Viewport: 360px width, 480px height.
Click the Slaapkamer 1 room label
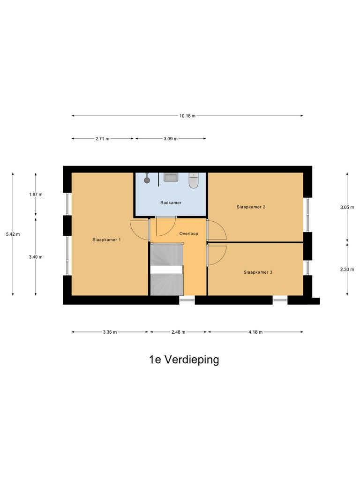pos(107,240)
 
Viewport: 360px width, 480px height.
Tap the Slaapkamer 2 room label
pos(251,207)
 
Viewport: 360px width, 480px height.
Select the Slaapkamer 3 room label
pos(258,272)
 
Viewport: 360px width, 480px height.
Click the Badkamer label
pos(171,202)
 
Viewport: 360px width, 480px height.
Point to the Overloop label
pos(189,233)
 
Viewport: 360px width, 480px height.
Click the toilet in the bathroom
pos(194,180)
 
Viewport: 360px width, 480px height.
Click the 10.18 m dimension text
pos(187,116)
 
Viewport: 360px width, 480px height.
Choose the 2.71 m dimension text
pos(102,139)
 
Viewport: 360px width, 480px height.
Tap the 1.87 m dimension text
pos(36,194)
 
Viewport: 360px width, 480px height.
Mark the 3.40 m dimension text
pos(36,257)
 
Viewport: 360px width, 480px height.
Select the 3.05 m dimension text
pos(347,207)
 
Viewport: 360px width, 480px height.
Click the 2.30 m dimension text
pos(347,269)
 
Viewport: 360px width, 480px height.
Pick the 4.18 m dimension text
pos(255,332)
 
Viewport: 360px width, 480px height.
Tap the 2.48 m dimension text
pos(178,332)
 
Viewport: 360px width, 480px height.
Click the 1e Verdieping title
pos(184,360)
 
